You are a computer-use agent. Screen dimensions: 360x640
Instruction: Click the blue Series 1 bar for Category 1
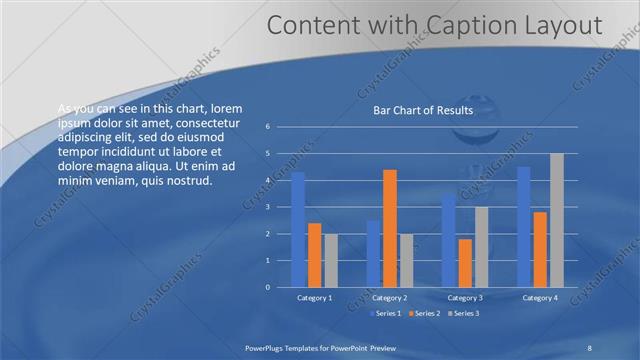tap(297, 230)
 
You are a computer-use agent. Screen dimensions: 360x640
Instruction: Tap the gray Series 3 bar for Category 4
tap(556, 220)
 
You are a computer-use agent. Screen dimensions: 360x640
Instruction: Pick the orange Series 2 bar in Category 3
tap(465, 263)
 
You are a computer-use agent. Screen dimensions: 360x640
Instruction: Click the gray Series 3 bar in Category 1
tap(331, 260)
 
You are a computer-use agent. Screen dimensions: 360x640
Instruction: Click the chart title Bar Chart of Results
tap(423, 110)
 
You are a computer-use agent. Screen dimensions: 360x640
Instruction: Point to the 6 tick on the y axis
tap(268, 127)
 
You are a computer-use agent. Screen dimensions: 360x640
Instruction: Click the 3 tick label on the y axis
tap(268, 207)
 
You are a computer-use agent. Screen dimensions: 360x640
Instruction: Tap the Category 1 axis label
tap(315, 298)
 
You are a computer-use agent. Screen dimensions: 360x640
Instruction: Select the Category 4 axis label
tap(540, 298)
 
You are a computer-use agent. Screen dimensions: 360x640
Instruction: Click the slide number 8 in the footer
tap(589, 347)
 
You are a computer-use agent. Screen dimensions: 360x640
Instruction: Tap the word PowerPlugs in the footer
tap(268, 347)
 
